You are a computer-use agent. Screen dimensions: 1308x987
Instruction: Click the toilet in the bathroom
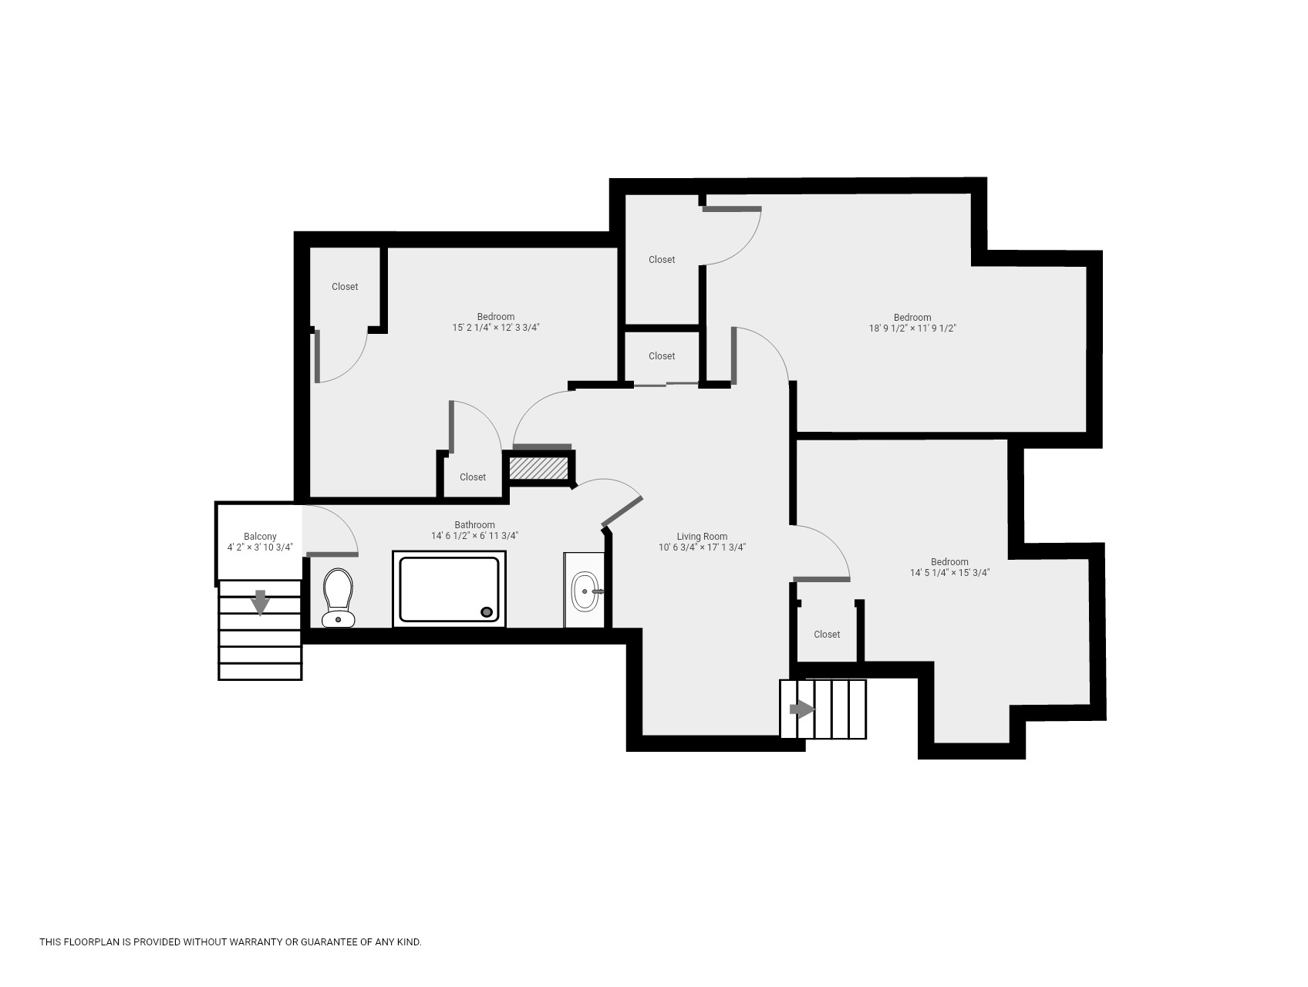click(x=338, y=598)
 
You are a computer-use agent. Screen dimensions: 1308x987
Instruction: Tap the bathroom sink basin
click(x=585, y=591)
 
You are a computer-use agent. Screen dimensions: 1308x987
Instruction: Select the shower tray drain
click(x=487, y=612)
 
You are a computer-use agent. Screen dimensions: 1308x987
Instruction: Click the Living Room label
click(x=702, y=537)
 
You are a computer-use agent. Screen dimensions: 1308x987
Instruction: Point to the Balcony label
click(x=260, y=537)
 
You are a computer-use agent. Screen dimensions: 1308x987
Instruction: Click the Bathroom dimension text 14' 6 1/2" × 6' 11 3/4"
click(x=474, y=536)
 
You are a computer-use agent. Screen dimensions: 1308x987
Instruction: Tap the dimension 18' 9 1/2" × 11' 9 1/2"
click(x=912, y=328)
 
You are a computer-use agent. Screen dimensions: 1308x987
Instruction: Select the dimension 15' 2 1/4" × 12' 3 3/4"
click(x=496, y=328)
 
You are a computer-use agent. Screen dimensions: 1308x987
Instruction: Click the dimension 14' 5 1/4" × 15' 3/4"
click(x=949, y=573)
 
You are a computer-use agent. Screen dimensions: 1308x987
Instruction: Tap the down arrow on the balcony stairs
click(x=261, y=602)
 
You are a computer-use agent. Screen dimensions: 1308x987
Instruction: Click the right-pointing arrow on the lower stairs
click(x=802, y=709)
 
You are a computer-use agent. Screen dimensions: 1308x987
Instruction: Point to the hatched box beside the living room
click(x=539, y=468)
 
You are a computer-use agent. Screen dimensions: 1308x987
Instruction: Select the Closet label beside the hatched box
click(x=473, y=477)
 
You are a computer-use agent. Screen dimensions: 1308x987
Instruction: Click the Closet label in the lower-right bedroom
click(x=827, y=635)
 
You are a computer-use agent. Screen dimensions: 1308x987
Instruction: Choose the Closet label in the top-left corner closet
click(x=345, y=287)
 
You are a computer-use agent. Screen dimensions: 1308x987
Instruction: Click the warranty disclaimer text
click(x=231, y=942)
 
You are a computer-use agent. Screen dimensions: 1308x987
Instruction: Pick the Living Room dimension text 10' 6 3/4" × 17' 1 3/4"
click(x=702, y=547)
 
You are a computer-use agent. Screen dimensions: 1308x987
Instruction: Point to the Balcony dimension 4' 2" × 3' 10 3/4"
click(x=260, y=547)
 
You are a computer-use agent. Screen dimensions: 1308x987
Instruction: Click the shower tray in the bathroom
click(x=449, y=589)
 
